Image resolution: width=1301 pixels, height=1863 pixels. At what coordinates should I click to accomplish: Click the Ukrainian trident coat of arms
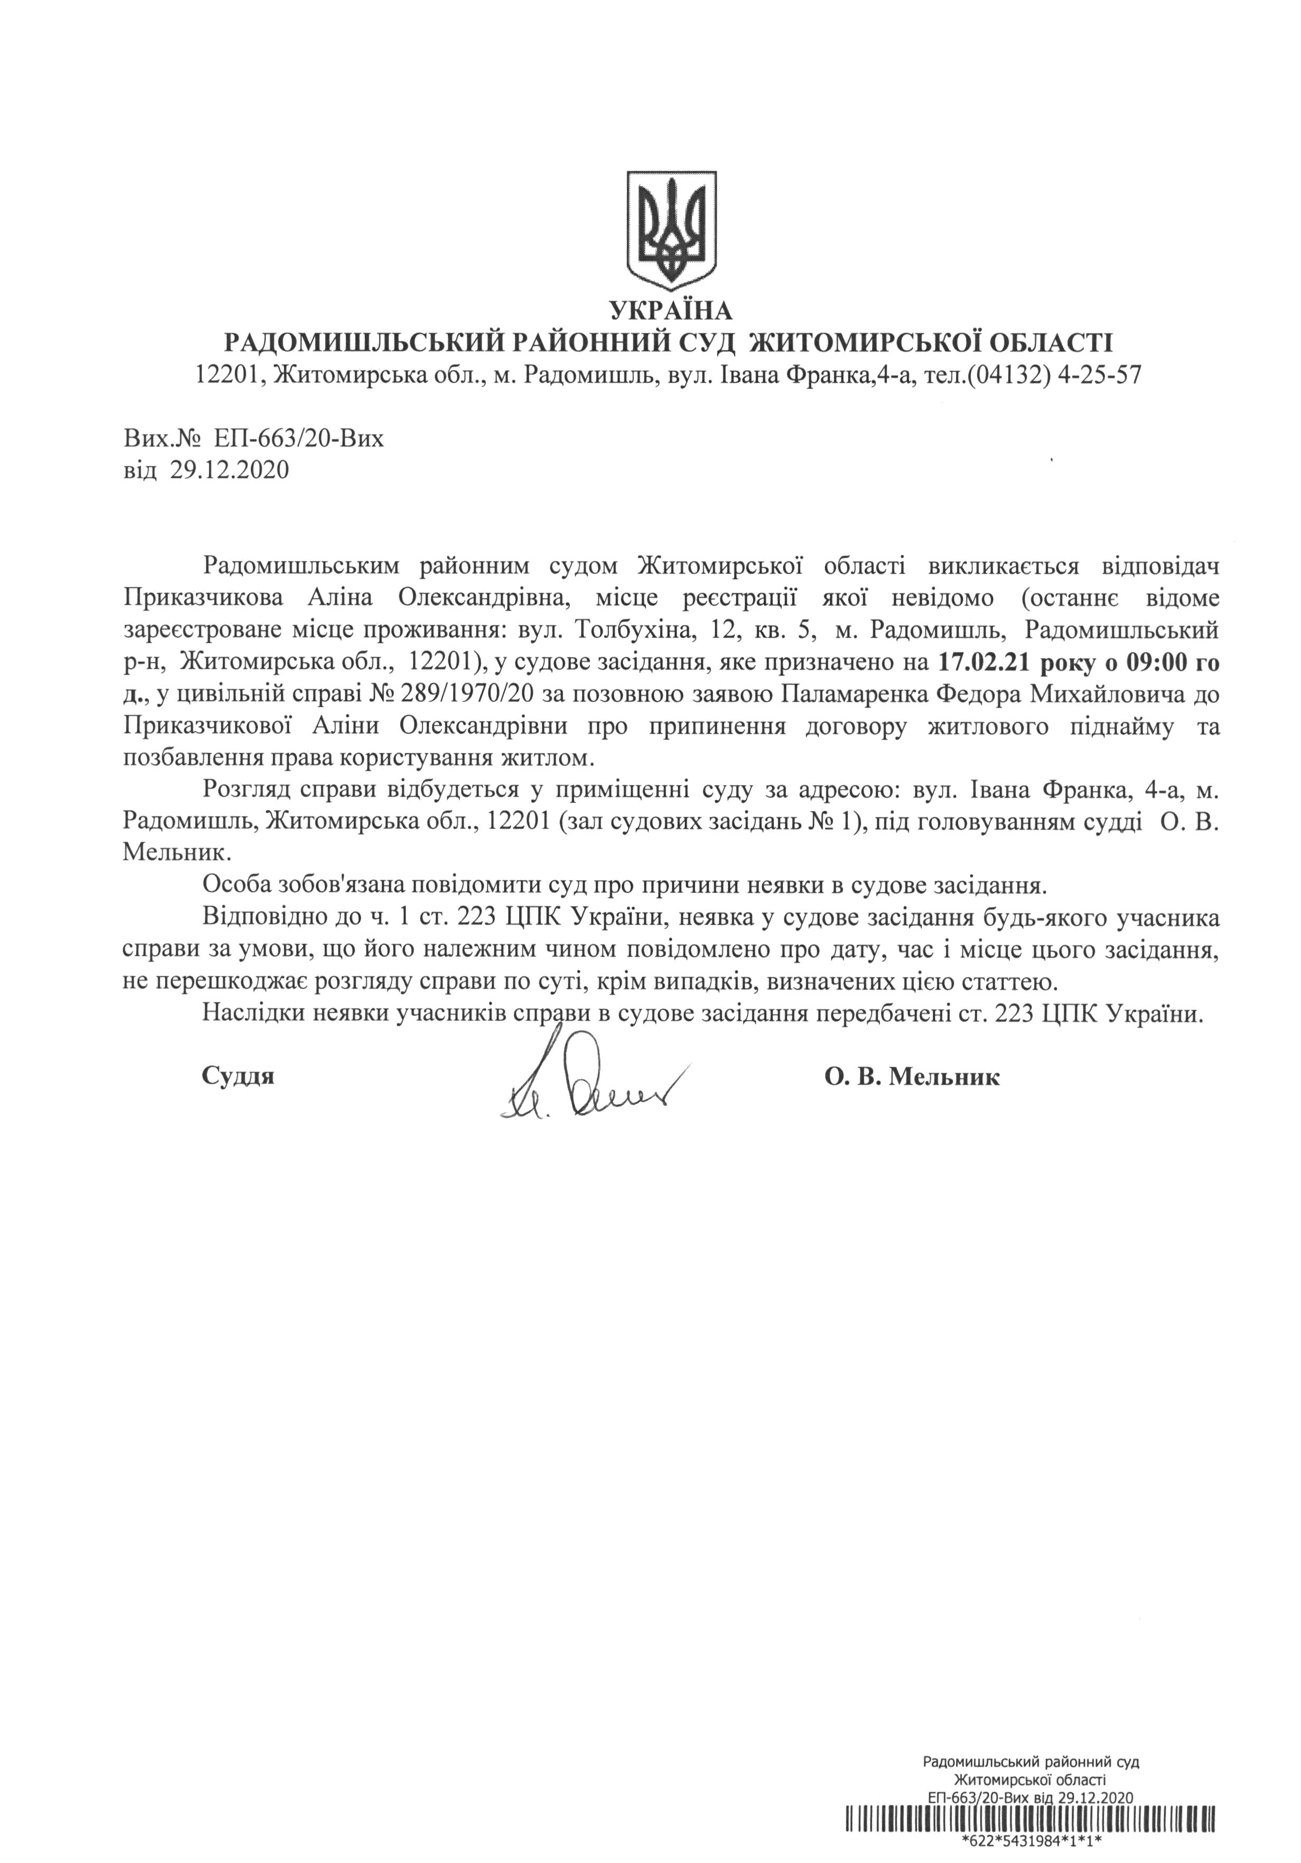(x=670, y=229)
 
